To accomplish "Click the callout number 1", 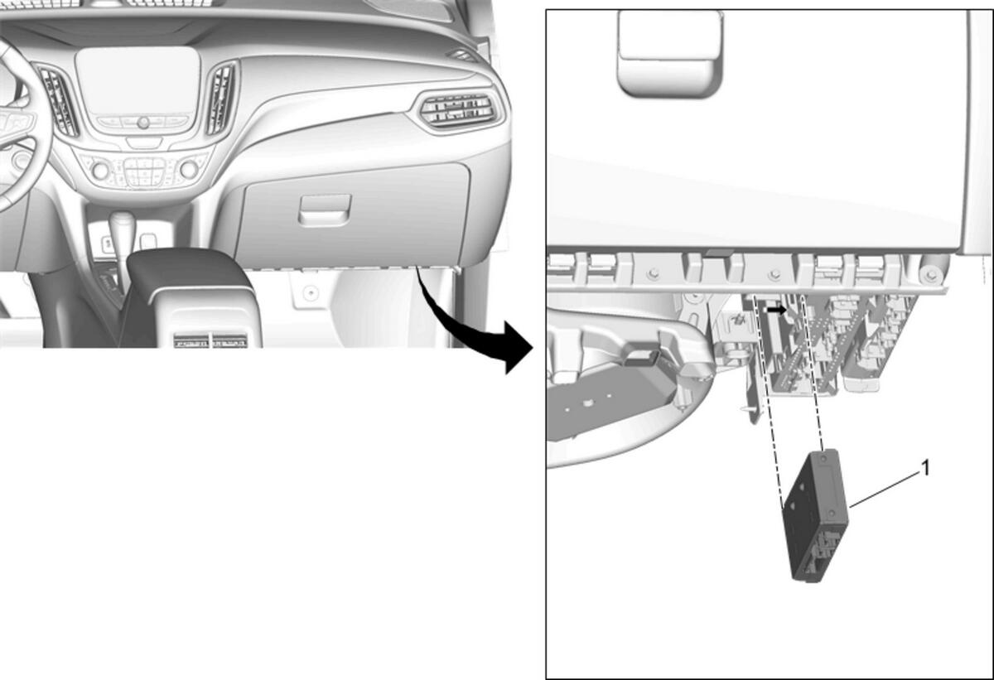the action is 925,469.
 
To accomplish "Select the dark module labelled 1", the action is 816,515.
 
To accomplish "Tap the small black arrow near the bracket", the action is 777,311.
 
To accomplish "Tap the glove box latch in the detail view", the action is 670,53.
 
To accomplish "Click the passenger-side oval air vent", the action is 458,110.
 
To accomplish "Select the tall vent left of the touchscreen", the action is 58,101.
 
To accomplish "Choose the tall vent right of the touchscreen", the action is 220,99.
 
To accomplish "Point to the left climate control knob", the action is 100,171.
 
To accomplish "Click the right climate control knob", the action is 189,169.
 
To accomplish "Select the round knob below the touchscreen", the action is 142,123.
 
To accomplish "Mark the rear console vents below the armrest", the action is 210,340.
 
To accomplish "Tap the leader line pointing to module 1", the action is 884,490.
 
